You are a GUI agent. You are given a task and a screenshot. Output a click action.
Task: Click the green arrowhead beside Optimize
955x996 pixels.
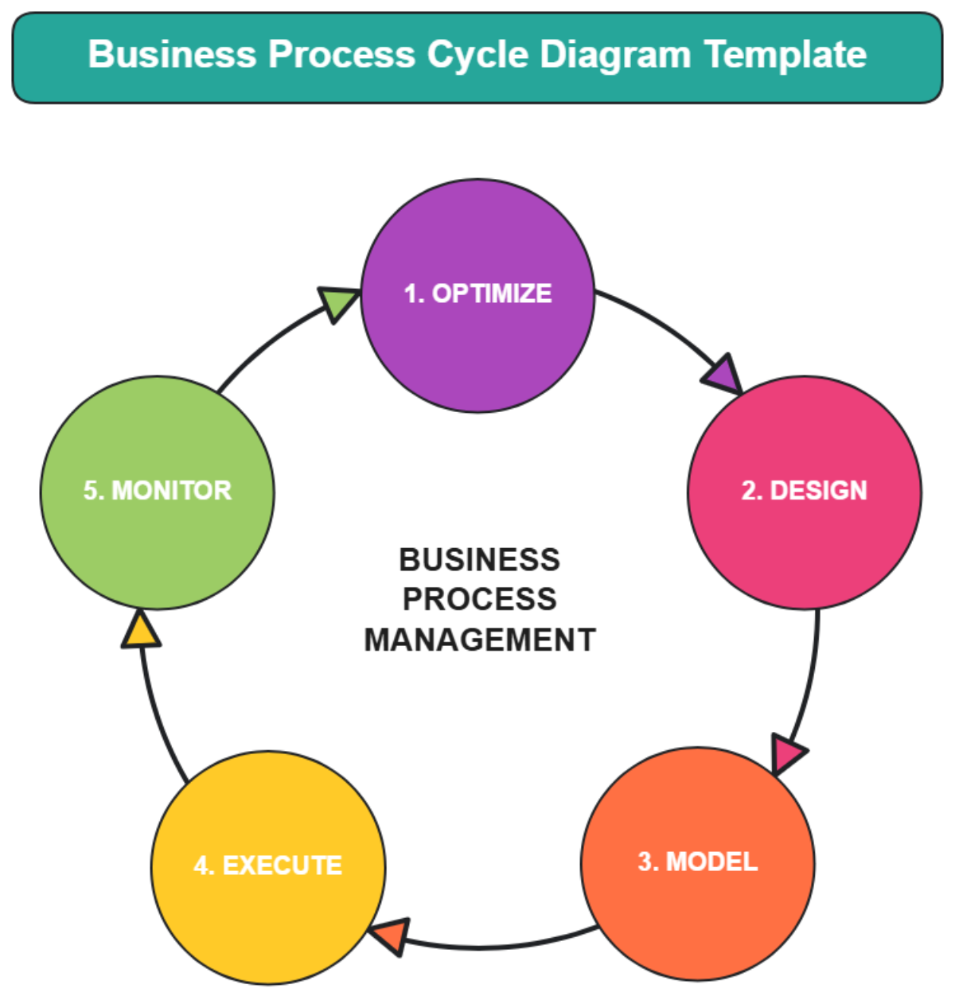(x=337, y=302)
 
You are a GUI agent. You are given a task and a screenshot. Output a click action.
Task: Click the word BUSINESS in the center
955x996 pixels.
(x=479, y=560)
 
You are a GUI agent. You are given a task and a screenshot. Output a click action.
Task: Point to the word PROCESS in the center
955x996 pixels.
(x=479, y=600)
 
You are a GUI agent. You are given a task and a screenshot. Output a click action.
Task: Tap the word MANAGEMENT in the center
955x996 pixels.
(x=479, y=640)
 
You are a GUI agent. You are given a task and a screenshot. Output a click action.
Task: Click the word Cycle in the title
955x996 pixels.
(x=477, y=55)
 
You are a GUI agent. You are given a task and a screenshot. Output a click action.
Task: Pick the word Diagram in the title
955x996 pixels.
(x=615, y=55)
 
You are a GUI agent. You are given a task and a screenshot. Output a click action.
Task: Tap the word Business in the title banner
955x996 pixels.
(x=172, y=55)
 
